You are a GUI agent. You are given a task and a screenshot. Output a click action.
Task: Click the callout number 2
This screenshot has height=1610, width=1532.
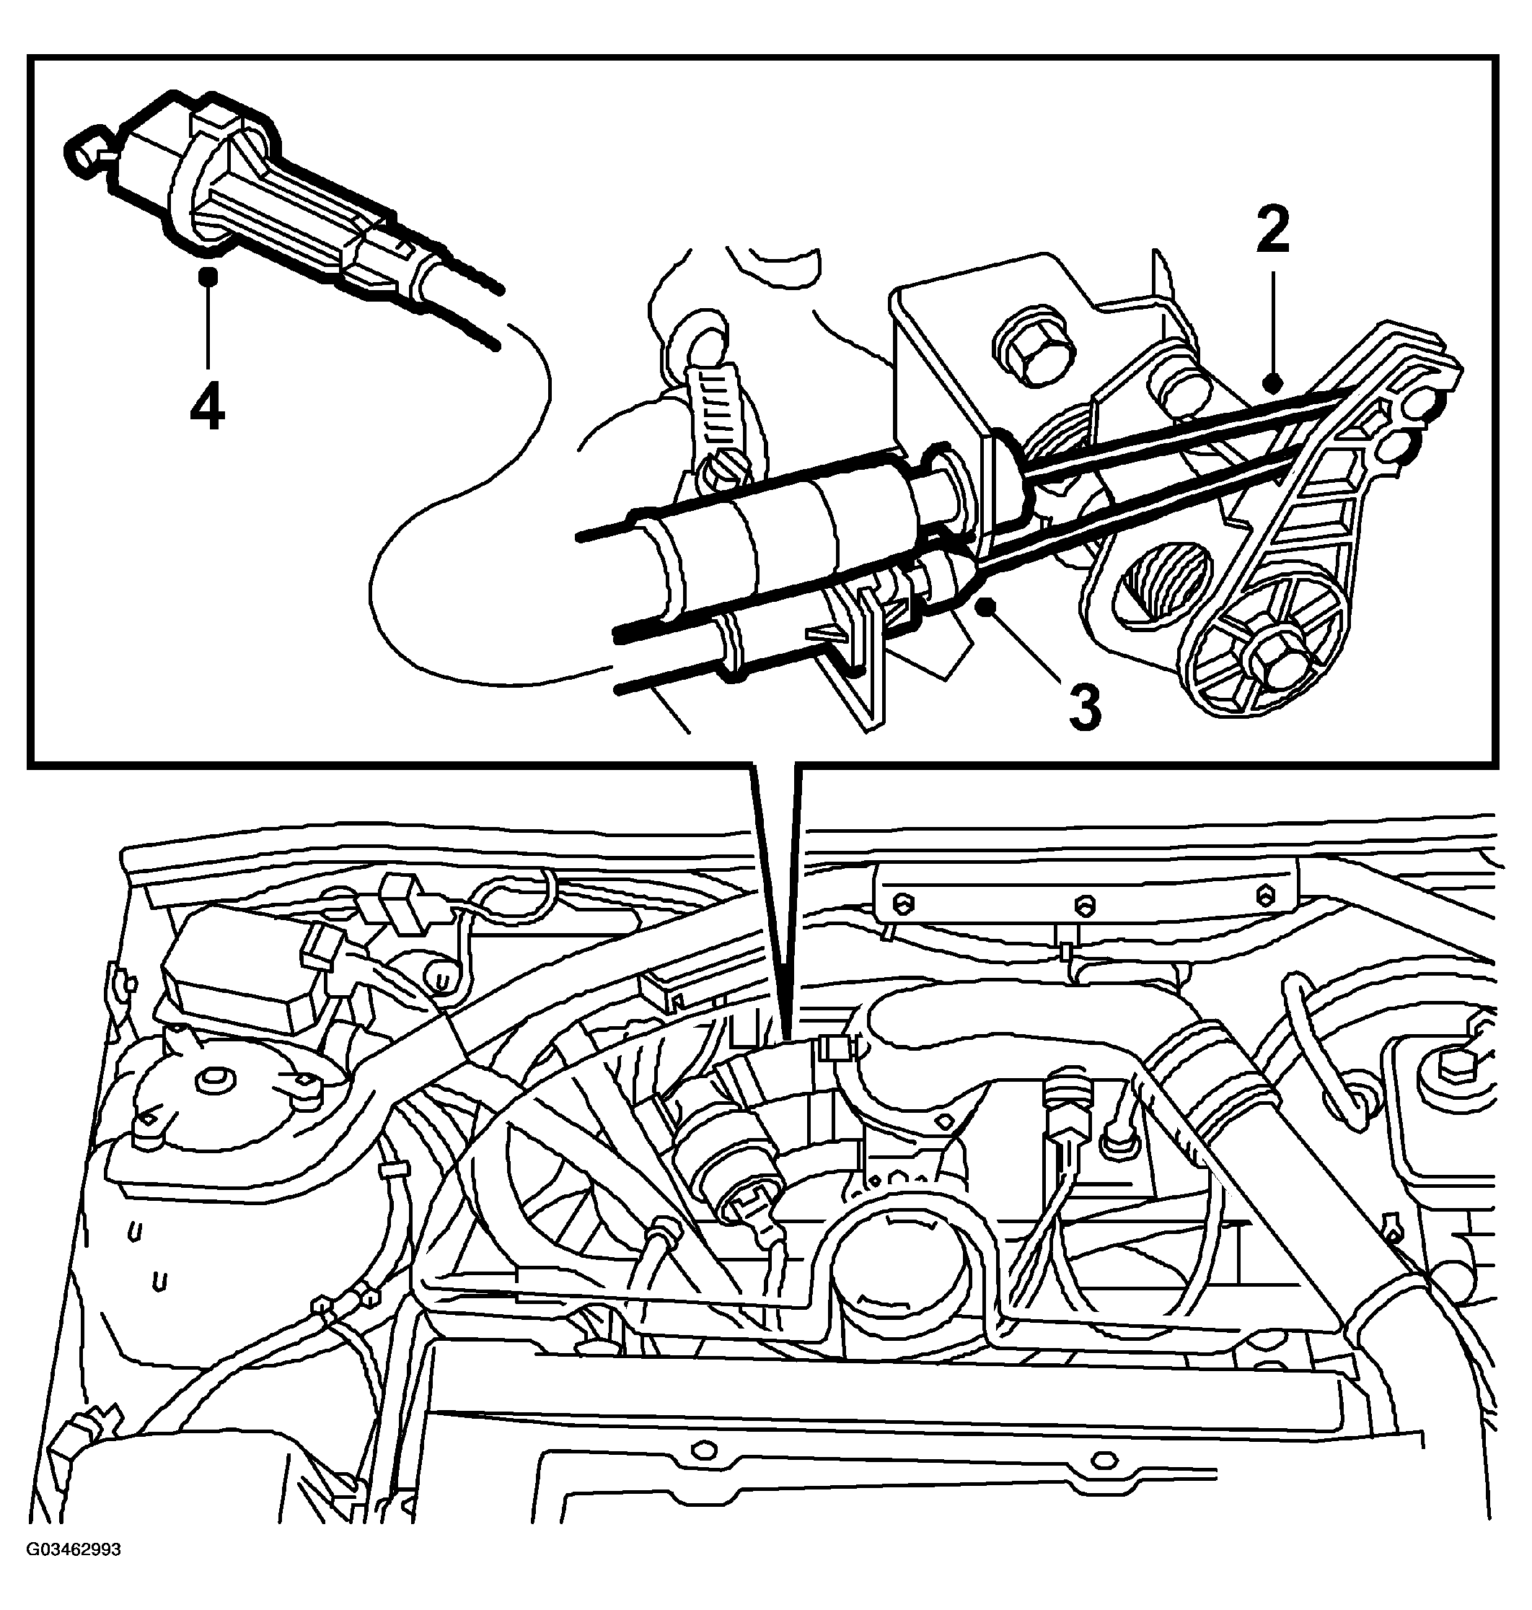1273,229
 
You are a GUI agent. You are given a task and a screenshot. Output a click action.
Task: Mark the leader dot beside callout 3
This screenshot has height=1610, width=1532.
989,605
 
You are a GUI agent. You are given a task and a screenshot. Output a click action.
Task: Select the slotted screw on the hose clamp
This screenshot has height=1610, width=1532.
727,472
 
